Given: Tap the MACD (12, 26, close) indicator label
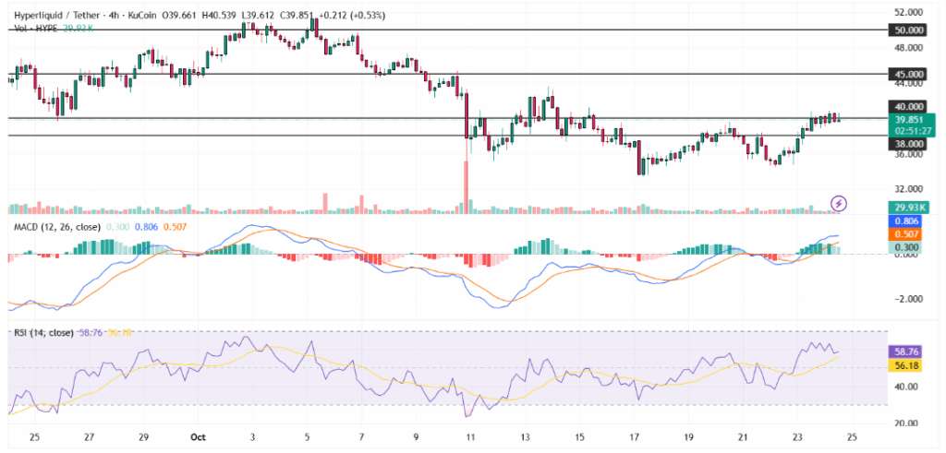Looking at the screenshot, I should [x=56, y=227].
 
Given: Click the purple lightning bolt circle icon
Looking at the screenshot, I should [x=839, y=203].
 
